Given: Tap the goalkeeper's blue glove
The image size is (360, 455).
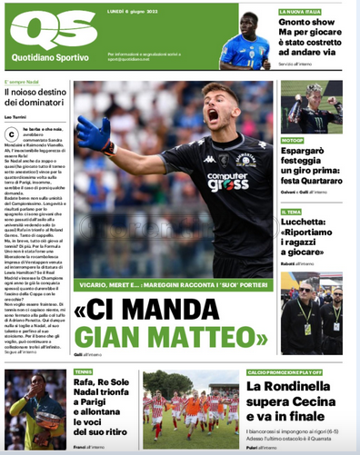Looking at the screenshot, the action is coord(93,134).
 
